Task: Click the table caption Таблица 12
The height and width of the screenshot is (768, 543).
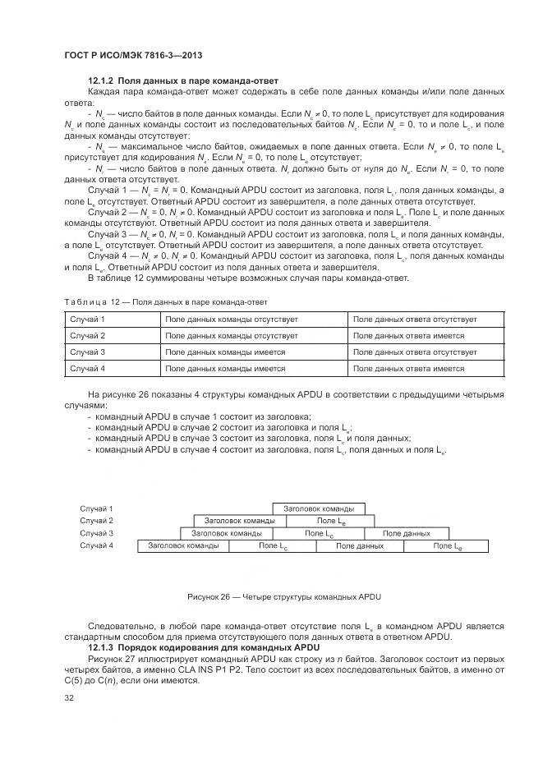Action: pyautogui.click(x=136, y=301)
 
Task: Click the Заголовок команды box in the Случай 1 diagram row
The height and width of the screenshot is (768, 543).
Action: pyautogui.click(x=319, y=508)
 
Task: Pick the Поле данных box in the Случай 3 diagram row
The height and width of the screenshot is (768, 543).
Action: pyautogui.click(x=406, y=533)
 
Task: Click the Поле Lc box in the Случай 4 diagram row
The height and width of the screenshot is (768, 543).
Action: pyautogui.click(x=273, y=545)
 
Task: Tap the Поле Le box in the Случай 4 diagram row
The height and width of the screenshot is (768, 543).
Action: pyautogui.click(x=447, y=545)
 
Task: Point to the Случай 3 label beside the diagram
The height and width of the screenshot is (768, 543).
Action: pyautogui.click(x=96, y=533)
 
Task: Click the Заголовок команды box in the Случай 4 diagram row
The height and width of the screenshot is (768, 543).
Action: pyautogui.click(x=183, y=545)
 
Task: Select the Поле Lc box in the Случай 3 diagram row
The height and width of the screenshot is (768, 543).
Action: pyautogui.click(x=319, y=533)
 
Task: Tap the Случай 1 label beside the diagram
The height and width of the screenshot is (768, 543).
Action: pyautogui.click(x=96, y=508)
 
